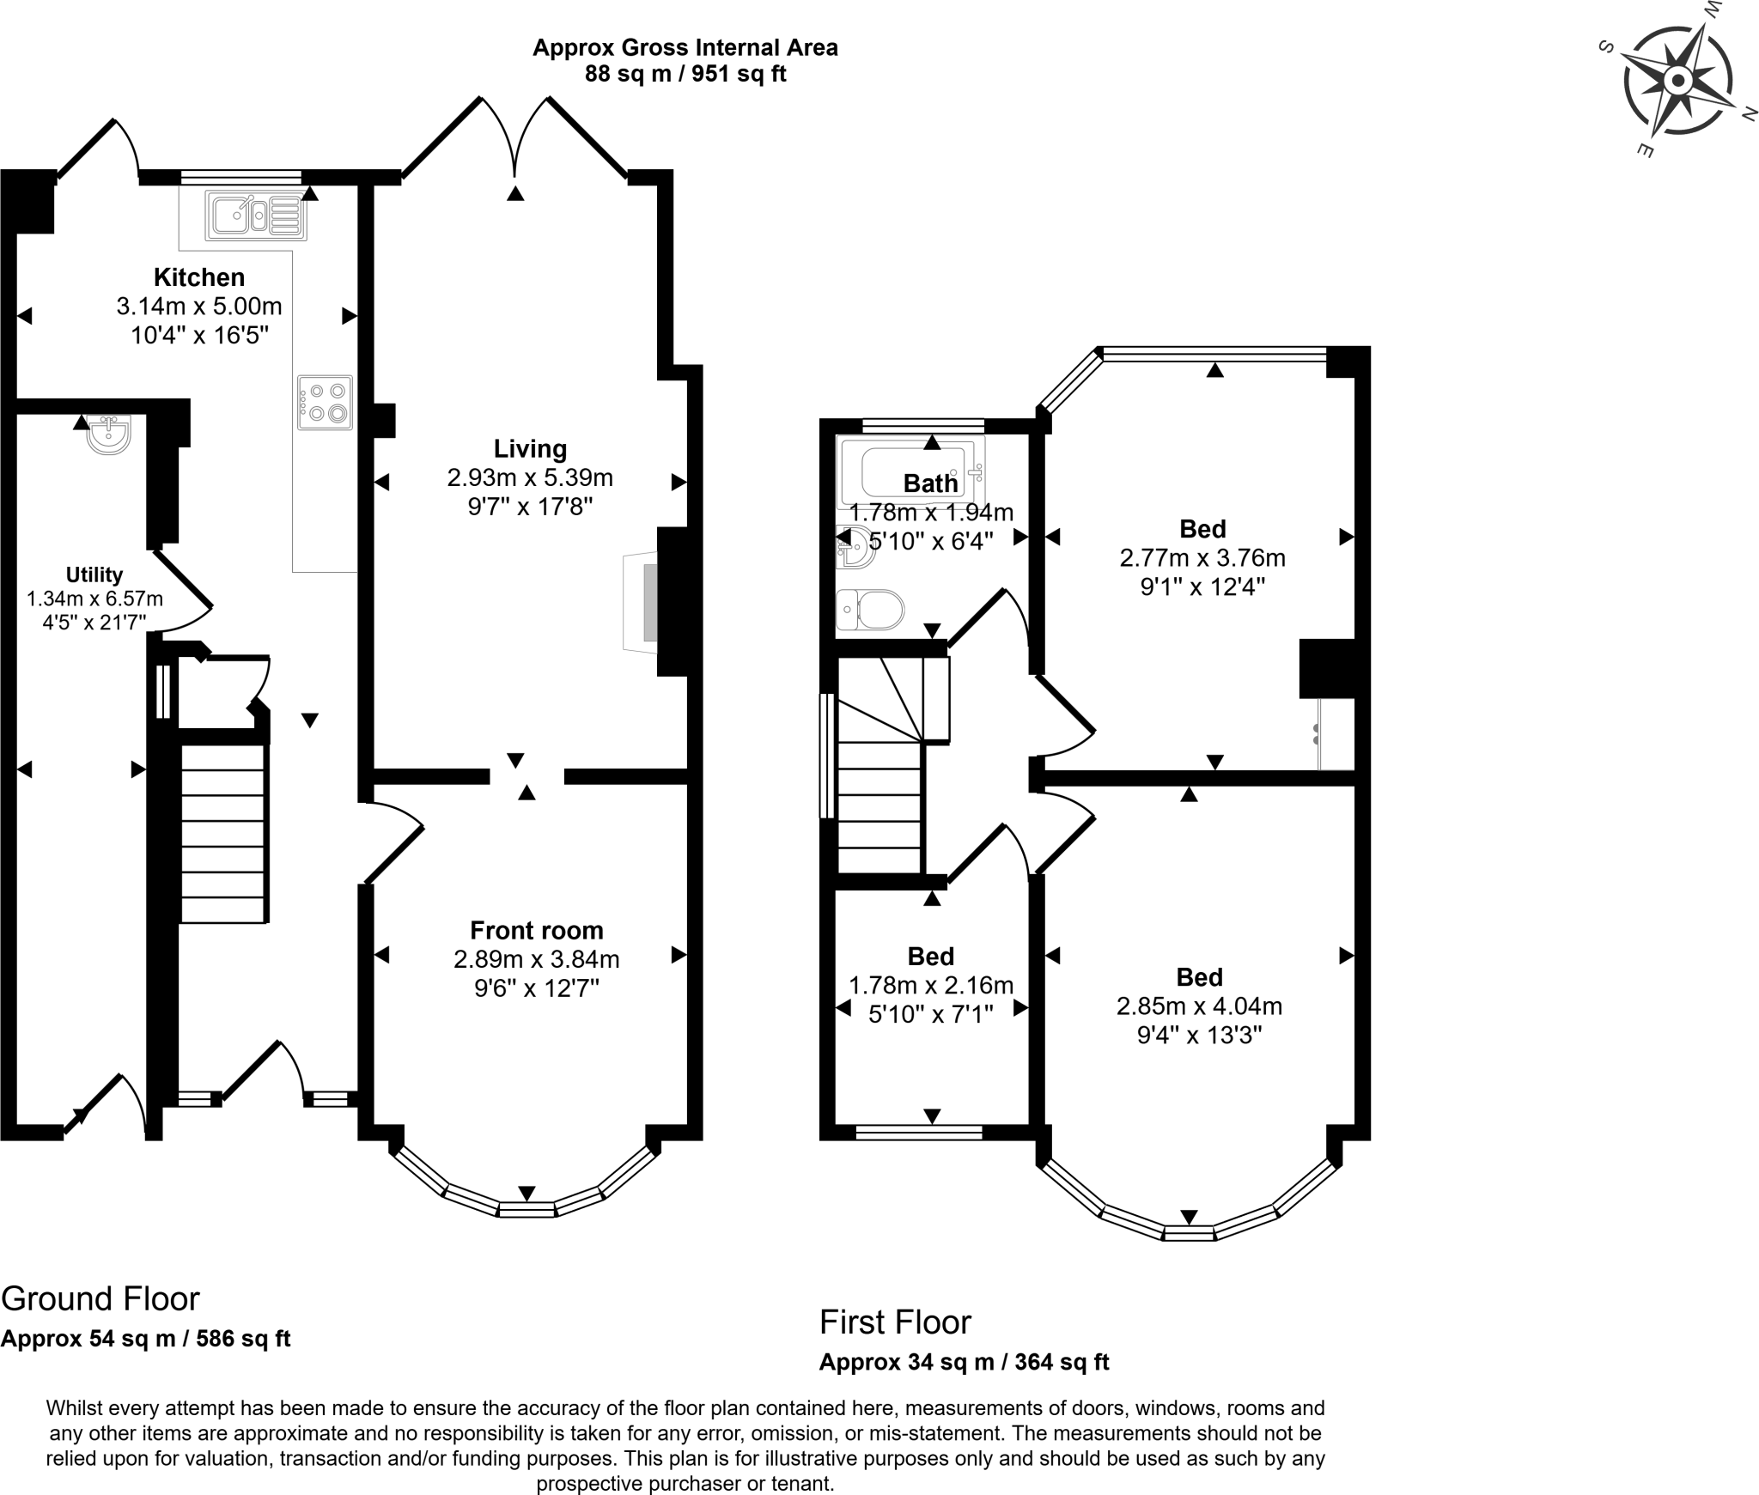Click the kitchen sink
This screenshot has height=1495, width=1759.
coord(255,216)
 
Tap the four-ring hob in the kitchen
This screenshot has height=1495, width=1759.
coord(325,403)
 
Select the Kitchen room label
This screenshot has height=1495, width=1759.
coord(199,277)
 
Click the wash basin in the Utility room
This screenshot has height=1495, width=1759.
coord(109,435)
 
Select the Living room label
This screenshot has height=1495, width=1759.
coord(530,449)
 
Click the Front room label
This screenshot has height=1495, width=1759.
coord(537,931)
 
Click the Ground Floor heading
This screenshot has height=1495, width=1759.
coord(100,1299)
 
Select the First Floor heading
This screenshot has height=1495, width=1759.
coord(895,1322)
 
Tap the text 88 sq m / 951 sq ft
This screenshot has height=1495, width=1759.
coord(685,74)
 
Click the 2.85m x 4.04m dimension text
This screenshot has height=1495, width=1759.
coord(1199,1006)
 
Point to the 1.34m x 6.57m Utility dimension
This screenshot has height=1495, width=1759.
coord(94,599)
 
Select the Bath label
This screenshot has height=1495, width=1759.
coord(930,483)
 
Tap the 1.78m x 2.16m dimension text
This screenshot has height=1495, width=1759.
coord(931,986)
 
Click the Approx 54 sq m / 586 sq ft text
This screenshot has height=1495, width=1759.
coord(146,1339)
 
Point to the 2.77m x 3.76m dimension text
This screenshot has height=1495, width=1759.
coord(1202,558)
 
